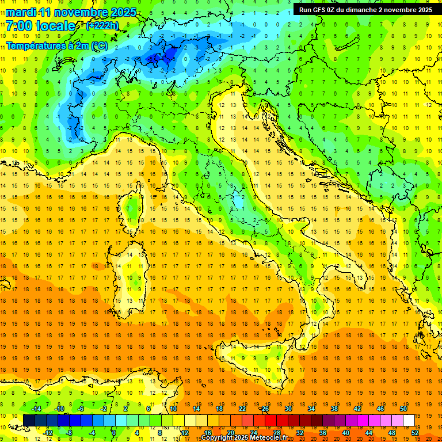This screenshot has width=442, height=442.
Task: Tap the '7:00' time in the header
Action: point(18,26)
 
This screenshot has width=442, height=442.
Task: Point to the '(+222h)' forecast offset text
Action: point(103,26)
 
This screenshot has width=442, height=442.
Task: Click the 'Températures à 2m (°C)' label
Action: point(56,45)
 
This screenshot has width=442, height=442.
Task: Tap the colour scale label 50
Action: point(403,408)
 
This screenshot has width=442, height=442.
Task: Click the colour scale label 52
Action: point(415,433)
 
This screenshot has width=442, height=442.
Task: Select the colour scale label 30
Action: point(288,408)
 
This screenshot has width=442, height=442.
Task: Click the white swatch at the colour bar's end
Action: point(409,420)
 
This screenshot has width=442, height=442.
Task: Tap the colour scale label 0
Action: point(114,433)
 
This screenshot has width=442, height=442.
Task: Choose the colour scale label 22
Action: point(242,408)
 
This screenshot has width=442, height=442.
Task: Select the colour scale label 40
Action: point(346,433)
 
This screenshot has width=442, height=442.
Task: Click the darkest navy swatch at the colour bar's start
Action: point(29,420)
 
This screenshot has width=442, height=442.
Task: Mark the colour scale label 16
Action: point(208,433)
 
